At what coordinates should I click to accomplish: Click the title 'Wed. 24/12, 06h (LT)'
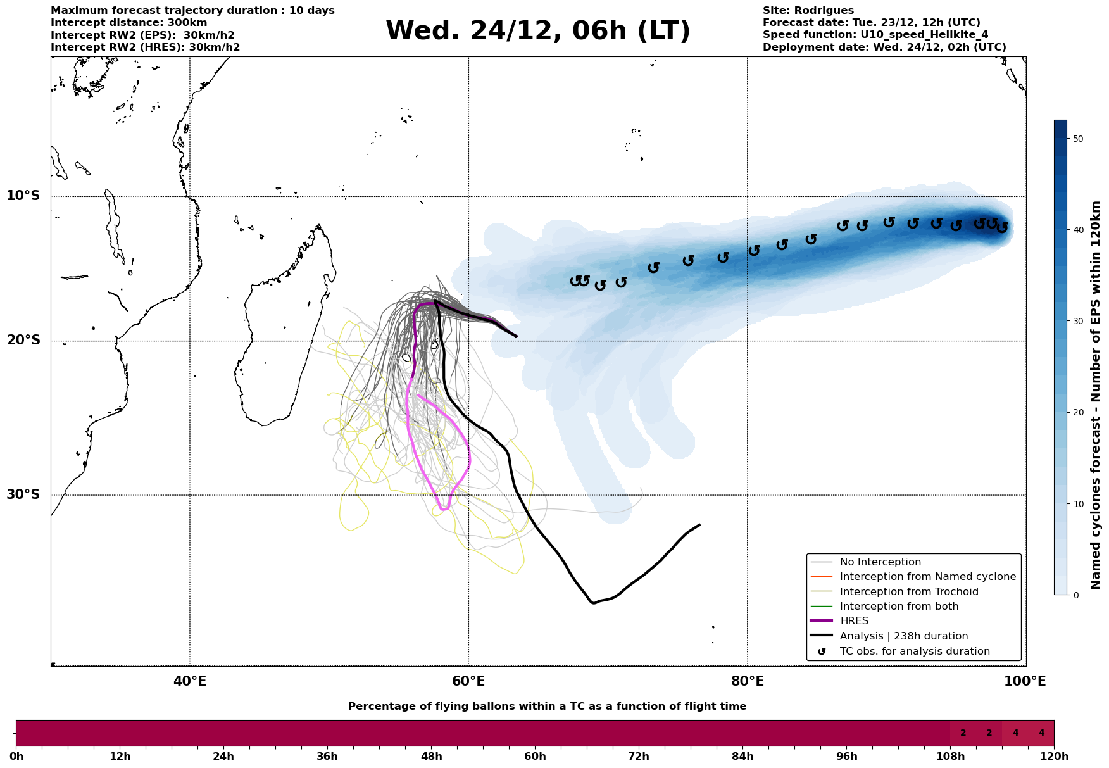537,31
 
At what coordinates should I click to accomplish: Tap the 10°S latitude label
23,196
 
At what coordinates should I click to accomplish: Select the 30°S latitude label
23,494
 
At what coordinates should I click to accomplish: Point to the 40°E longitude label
190,681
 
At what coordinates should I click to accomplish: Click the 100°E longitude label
1025,681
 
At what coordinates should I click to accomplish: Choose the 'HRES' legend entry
854,621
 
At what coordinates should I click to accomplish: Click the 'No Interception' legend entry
880,562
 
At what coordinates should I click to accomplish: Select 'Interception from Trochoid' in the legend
908,592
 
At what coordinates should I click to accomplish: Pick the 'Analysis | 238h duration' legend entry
903,636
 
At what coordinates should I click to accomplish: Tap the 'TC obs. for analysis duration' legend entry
914,652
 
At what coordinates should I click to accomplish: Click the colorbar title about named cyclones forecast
1096,394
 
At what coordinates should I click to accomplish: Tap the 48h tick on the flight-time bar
431,757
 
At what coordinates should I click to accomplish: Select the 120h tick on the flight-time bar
1053,757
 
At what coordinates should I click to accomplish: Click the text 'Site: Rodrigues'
808,11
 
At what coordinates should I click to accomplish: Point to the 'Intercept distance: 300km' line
128,23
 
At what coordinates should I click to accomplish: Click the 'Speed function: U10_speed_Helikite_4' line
875,35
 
